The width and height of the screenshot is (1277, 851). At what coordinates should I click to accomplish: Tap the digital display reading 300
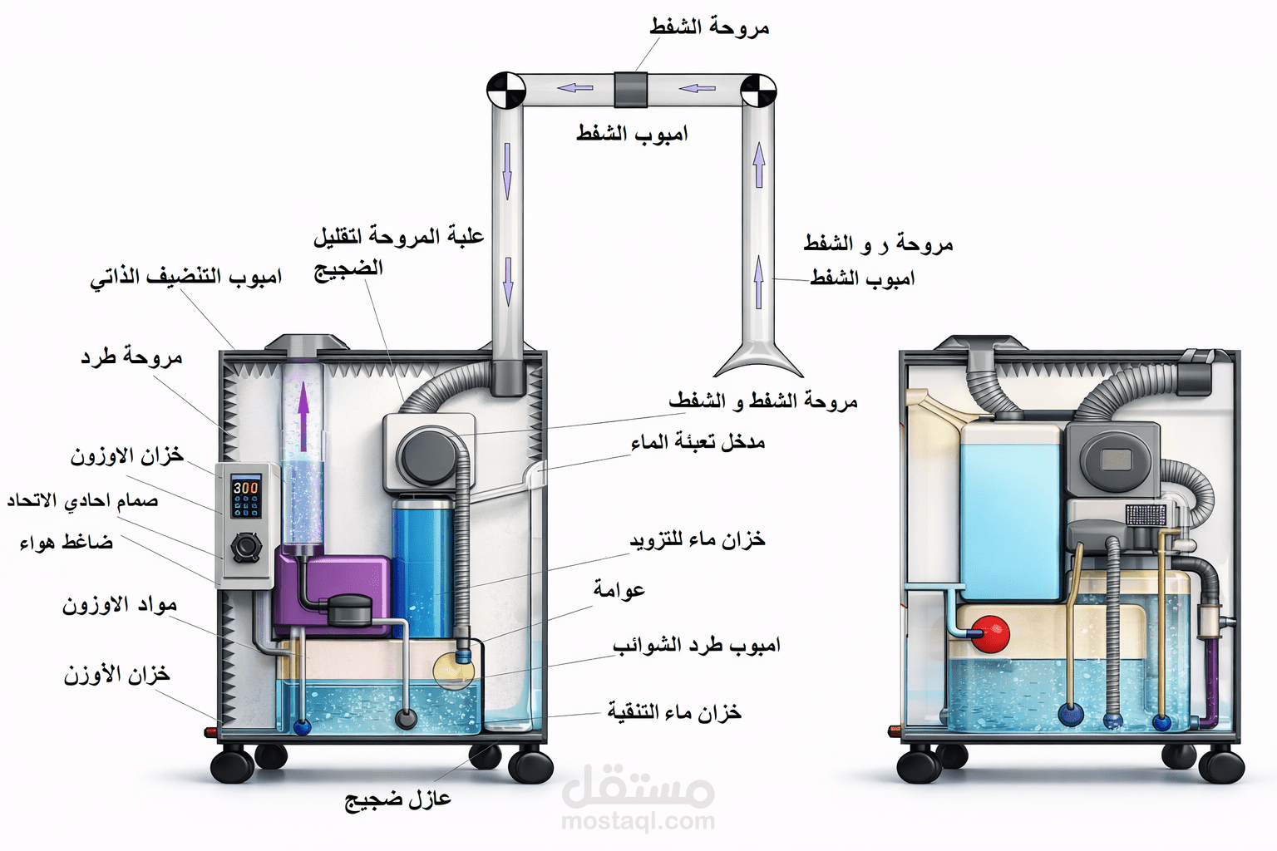(x=245, y=488)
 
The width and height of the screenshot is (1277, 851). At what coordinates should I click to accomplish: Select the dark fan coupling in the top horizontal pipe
(x=631, y=89)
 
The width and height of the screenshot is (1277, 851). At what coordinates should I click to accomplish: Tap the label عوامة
(x=619, y=590)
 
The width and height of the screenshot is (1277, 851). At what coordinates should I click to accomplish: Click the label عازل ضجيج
(x=398, y=799)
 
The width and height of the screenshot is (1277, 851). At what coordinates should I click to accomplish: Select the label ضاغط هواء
(x=67, y=543)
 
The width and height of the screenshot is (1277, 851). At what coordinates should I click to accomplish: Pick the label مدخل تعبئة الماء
(x=698, y=442)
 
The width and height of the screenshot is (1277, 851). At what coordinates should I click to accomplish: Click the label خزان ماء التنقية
(x=674, y=712)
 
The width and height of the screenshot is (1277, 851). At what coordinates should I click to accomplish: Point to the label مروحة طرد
(x=131, y=357)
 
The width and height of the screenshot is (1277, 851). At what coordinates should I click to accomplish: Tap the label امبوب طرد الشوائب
(x=697, y=645)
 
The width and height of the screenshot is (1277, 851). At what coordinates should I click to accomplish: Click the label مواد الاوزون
(x=120, y=605)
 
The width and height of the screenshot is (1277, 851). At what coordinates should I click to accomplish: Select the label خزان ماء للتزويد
(x=697, y=540)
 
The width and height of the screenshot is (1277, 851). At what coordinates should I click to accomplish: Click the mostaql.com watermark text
(x=638, y=822)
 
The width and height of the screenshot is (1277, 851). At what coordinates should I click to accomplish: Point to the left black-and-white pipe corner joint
(x=505, y=90)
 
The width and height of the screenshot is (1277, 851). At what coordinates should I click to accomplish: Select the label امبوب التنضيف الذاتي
(x=186, y=277)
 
